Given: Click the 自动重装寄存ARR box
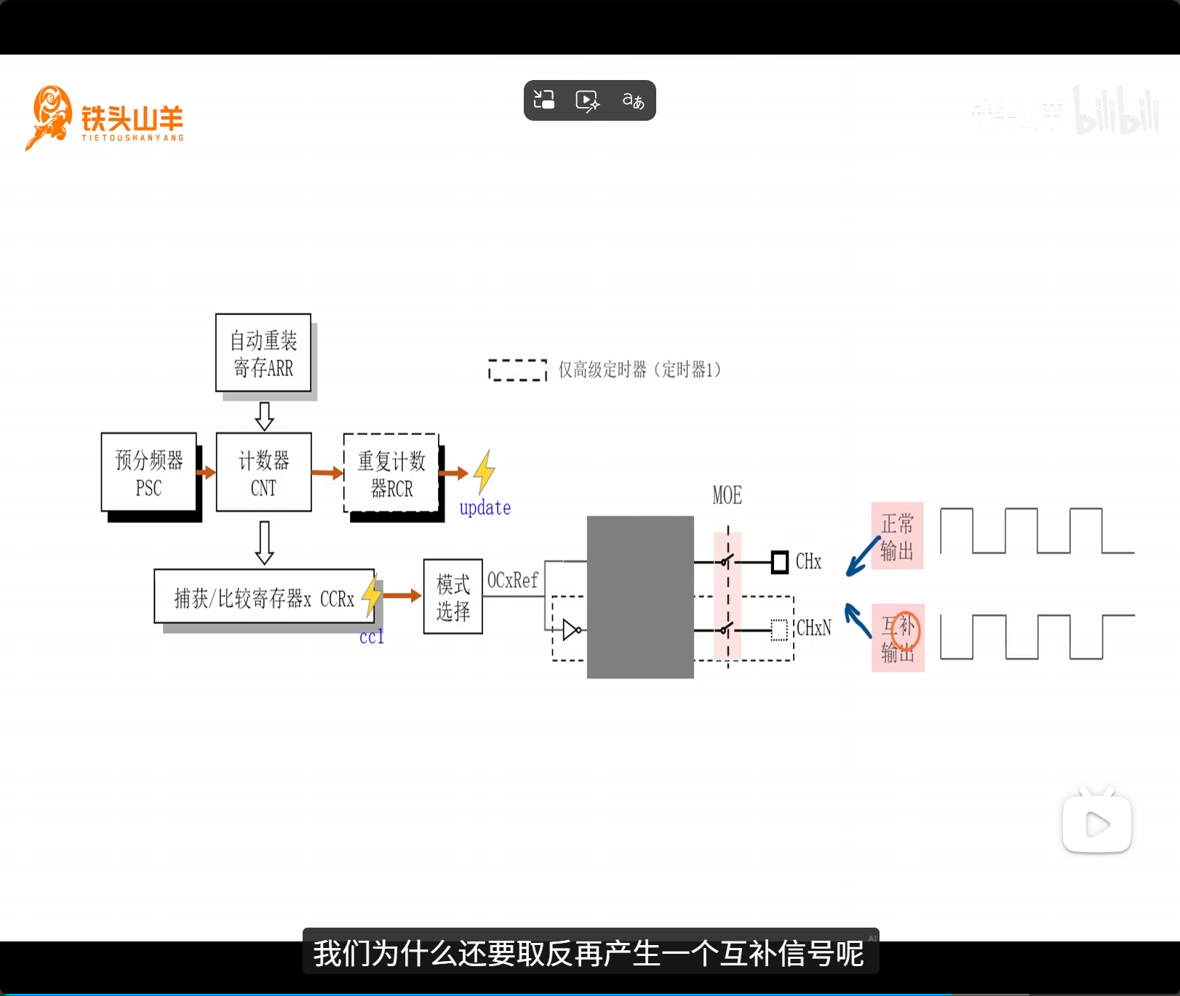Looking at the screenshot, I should tap(263, 353).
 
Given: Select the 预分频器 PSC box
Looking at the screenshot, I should tap(149, 472).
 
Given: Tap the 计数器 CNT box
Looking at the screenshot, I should tap(263, 472).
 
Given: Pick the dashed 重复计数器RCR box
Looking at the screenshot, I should tap(391, 473).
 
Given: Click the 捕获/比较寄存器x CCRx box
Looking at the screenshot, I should tap(264, 597).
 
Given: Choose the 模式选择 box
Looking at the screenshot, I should tap(453, 597).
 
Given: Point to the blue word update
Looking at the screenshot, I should tap(485, 507).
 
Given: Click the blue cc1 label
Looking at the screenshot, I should tap(371, 637).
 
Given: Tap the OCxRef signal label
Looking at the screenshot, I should tap(513, 580).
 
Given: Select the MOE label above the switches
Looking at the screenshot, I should tap(727, 495).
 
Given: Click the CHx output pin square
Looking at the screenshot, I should tap(779, 562).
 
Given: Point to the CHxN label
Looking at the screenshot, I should tap(813, 627).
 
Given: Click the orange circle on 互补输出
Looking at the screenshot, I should tap(906, 630).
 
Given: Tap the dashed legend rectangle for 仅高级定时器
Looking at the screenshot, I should tap(517, 370).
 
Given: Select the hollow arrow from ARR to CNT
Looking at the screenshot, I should tap(264, 415).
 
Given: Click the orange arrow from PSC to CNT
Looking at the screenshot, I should tap(207, 472).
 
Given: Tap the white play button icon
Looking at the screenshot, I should tap(1097, 824).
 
